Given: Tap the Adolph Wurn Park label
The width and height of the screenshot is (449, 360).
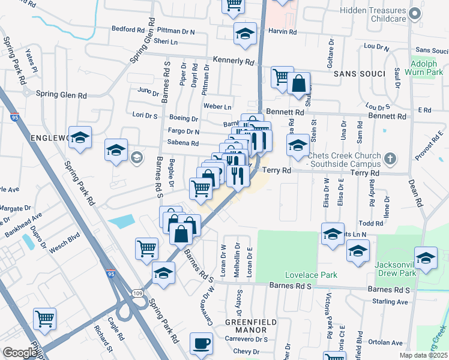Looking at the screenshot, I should pyautogui.click(x=428, y=68).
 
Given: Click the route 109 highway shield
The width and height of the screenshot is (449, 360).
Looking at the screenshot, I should pyautogui.click(x=139, y=293).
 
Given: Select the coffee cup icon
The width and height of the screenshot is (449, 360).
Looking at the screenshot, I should pyautogui.click(x=201, y=344).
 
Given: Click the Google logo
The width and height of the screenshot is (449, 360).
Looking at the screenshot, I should pyautogui.click(x=20, y=353).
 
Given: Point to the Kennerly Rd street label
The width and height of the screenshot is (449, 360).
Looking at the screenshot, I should pyautogui.click(x=232, y=61).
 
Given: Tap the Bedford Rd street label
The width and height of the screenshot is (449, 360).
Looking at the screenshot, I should pyautogui.click(x=128, y=29).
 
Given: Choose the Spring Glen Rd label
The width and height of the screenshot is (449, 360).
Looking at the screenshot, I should pyautogui.click(x=61, y=95).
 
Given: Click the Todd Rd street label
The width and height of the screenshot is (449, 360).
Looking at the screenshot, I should pyautogui.click(x=370, y=223).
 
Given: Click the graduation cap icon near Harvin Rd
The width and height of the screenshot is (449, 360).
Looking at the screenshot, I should pyautogui.click(x=245, y=35).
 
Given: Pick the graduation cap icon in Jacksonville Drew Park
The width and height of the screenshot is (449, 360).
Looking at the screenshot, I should pyautogui.click(x=426, y=259).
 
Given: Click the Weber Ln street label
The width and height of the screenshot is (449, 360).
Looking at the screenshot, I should pyautogui.click(x=217, y=106).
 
